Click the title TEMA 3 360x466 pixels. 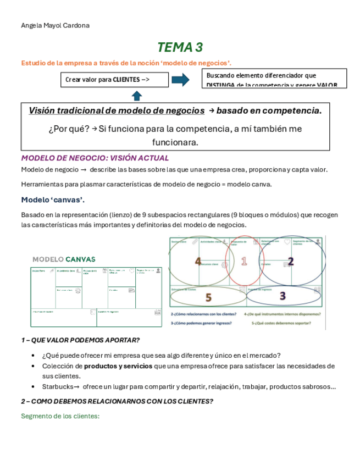coord(179,47)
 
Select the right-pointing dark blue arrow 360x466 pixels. coord(181,80)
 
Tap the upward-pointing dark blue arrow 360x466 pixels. coord(137,96)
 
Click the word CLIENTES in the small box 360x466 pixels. coord(126,80)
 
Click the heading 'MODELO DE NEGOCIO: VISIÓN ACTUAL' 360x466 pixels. coord(95,158)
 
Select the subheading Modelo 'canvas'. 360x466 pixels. coord(52,199)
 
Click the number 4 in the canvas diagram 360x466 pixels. coord(198,262)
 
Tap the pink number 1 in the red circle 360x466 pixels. coord(245,261)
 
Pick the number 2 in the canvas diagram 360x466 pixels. coord(291,261)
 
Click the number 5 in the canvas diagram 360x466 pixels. coord(208,297)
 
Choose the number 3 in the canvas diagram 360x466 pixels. coord(282,296)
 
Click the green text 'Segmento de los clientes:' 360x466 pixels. coord(60,416)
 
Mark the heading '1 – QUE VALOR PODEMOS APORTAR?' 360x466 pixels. coord(80,340)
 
